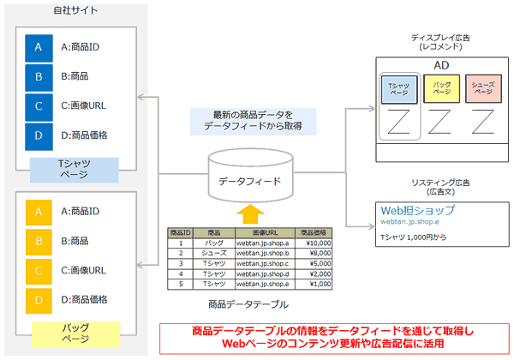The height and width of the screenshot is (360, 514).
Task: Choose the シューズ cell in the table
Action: coord(213,254)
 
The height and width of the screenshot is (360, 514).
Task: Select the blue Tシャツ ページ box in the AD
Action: coord(400,89)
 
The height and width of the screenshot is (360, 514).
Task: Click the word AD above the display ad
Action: coord(442,66)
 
